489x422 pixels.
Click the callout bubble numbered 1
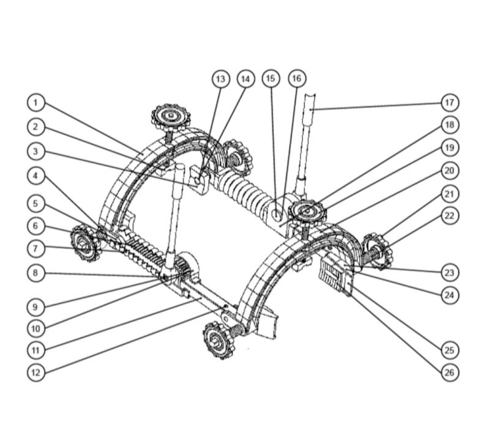[x=36, y=102]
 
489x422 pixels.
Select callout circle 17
[x=450, y=102]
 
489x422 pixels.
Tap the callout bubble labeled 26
[x=450, y=372]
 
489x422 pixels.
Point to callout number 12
[x=36, y=372]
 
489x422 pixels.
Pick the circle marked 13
[x=220, y=78]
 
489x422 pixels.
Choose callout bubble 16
[x=297, y=78]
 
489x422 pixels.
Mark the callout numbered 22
[x=450, y=216]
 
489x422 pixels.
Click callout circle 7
[x=36, y=249]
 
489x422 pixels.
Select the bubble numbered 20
[x=450, y=171]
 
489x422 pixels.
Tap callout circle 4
[x=36, y=176]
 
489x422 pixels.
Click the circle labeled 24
[x=450, y=295]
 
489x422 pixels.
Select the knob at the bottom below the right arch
[x=218, y=341]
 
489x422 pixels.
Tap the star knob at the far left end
[x=84, y=242]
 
